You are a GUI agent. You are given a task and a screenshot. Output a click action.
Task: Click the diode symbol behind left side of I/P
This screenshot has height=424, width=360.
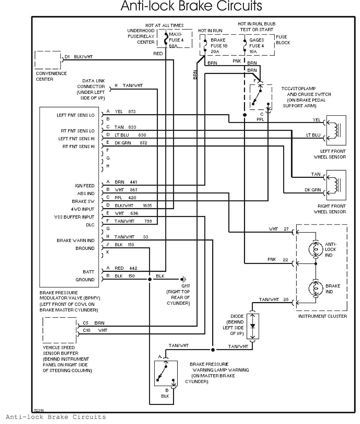[x=252, y=326]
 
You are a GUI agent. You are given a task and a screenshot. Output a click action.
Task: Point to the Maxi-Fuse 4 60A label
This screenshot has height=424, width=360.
[x=176, y=40]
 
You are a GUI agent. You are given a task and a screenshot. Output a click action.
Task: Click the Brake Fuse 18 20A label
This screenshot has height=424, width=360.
[x=219, y=46]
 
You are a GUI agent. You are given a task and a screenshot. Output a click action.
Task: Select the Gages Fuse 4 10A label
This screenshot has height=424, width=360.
[x=256, y=46]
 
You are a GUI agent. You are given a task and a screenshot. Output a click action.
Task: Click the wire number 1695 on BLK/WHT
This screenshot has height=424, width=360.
[x=147, y=206]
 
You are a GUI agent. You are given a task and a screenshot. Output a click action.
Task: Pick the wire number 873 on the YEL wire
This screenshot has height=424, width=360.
[x=132, y=112]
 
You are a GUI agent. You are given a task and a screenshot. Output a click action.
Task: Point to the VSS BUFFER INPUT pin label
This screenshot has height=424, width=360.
[x=74, y=217]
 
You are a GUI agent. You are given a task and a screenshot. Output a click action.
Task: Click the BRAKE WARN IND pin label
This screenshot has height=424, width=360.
[x=75, y=241]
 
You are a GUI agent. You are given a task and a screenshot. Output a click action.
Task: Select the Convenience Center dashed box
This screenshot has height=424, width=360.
[x=48, y=60]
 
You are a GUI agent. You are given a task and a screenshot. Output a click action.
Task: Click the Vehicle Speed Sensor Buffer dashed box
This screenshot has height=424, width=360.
[x=60, y=330]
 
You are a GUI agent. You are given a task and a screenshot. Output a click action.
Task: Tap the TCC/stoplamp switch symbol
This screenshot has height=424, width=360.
[x=261, y=97]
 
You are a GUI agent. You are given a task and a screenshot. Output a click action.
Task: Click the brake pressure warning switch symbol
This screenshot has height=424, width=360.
[x=166, y=373]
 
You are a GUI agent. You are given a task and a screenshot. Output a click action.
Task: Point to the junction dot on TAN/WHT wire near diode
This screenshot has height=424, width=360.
[x=213, y=350]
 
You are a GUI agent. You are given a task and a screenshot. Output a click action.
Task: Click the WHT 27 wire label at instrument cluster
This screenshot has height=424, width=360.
[x=278, y=229]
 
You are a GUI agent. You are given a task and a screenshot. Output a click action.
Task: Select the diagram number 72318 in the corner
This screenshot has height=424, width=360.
[x=39, y=410]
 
